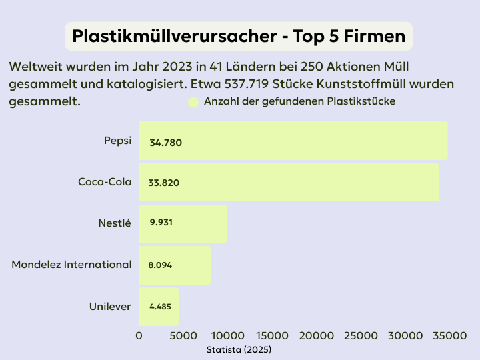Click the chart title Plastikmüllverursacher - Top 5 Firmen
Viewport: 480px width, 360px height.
pos(239,37)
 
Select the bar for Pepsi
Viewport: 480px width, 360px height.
pos(293,141)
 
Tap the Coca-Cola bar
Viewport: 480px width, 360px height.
pos(289,182)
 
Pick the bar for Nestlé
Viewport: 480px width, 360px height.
pos(183,223)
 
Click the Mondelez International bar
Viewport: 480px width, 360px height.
pos(175,265)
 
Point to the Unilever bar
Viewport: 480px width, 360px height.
pos(159,306)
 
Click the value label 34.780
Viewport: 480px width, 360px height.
pos(166,143)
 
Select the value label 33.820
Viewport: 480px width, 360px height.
pos(165,183)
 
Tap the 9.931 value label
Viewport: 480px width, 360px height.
pos(161,223)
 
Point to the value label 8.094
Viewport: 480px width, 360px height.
pos(160,265)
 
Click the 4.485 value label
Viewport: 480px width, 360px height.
pos(160,307)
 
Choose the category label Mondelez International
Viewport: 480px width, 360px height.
pos(71,265)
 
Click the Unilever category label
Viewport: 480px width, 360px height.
pos(110,306)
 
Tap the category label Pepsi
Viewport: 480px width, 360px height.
pos(117,141)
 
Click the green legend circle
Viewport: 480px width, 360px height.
pos(193,102)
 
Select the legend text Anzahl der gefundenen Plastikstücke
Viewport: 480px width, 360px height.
pos(299,101)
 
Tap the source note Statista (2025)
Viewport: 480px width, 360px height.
pos(239,349)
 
